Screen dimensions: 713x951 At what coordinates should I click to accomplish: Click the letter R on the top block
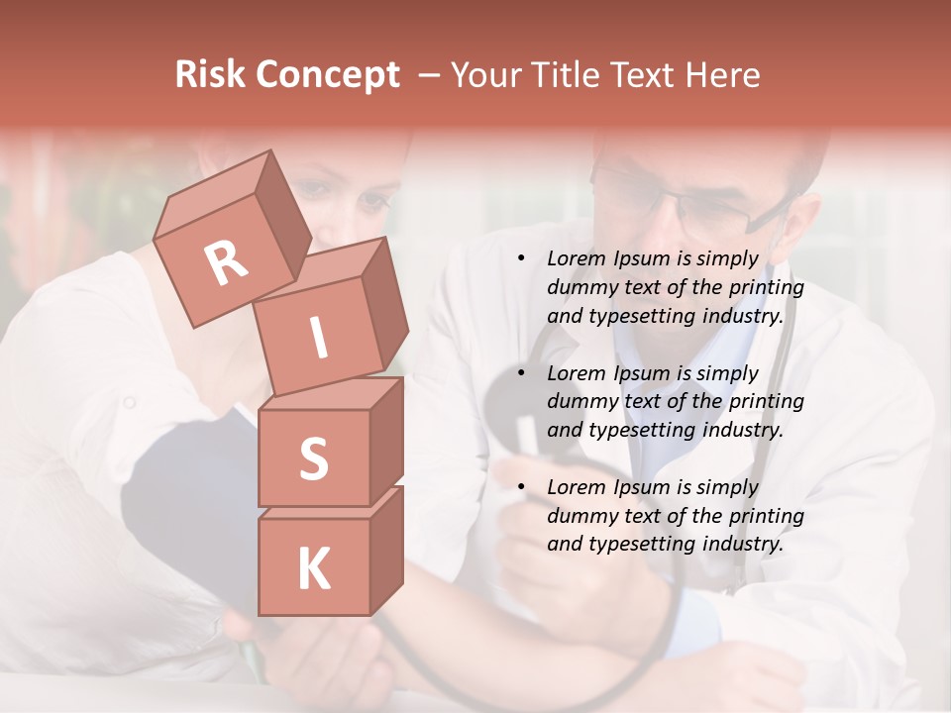[226, 263]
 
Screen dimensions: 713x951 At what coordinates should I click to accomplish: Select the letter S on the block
[313, 458]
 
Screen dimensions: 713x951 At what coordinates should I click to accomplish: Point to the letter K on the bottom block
[313, 569]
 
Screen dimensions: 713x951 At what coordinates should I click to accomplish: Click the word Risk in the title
[211, 74]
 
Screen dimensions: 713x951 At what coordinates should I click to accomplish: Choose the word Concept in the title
[329, 75]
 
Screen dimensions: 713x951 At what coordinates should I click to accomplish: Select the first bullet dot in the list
[521, 259]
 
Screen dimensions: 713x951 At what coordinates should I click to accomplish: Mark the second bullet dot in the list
[521, 374]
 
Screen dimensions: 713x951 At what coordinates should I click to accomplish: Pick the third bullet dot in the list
[521, 488]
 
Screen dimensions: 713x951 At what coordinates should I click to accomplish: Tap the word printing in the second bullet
[767, 402]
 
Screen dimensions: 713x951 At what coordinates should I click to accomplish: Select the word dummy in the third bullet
[581, 516]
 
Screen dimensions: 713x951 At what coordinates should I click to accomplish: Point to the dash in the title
[430, 75]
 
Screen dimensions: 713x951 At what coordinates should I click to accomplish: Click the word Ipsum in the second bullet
[644, 373]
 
